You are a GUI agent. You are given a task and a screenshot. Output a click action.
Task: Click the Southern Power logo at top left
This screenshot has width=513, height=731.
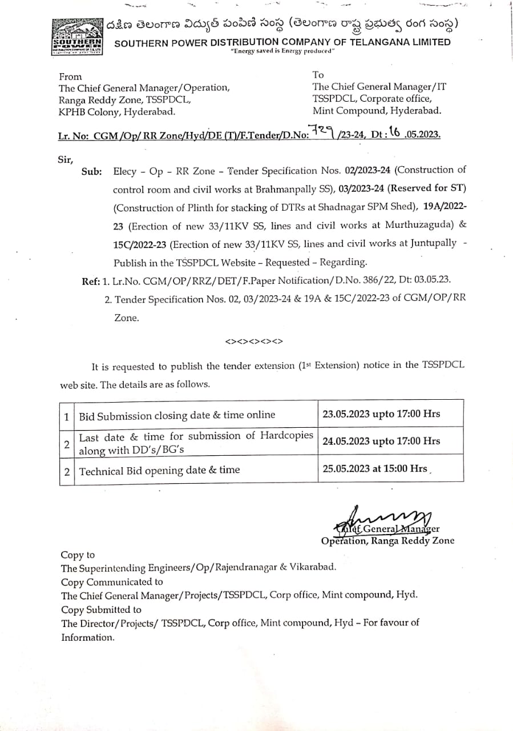77,37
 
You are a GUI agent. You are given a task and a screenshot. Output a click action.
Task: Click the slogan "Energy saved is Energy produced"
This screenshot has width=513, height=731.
282,51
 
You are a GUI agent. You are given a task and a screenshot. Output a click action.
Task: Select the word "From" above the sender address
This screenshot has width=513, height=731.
71,77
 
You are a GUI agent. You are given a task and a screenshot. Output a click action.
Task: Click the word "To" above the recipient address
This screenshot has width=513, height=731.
318,75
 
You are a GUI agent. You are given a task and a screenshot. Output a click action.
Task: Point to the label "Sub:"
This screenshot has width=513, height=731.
92,171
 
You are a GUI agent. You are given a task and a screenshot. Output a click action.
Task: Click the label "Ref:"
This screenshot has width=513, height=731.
91,280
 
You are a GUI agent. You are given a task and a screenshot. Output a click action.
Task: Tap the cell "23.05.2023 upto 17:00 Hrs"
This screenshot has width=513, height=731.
381,413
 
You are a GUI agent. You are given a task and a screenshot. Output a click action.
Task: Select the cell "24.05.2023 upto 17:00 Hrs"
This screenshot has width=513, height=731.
381,441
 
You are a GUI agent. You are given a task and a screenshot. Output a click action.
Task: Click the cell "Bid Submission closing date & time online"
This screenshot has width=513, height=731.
177,415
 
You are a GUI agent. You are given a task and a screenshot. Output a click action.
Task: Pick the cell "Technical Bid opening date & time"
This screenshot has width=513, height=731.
159,471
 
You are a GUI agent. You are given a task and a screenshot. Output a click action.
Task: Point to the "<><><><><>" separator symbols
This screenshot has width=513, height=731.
254,342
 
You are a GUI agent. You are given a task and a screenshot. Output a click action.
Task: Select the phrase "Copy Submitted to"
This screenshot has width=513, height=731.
101,609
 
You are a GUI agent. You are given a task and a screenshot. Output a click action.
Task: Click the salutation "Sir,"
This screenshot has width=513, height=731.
66,159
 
